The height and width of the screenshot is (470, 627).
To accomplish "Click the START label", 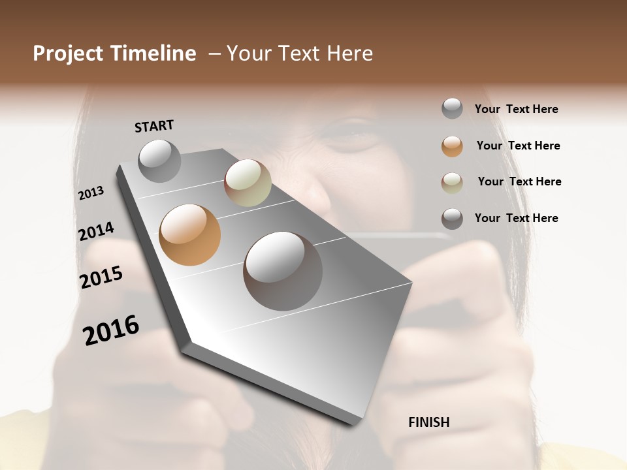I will tap(154, 126).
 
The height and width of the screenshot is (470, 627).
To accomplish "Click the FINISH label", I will tap(429, 422).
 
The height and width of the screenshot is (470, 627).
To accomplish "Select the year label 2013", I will tap(91, 193).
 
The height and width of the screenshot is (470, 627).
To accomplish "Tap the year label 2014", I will tap(97, 231).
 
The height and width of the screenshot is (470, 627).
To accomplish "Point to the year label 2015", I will tap(101, 277).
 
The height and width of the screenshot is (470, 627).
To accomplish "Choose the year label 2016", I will tap(111, 330).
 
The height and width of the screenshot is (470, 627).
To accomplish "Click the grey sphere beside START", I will tap(160, 161).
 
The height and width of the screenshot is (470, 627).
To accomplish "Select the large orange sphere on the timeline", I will tap(190, 235).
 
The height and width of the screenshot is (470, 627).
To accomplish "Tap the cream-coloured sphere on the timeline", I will tap(248, 183).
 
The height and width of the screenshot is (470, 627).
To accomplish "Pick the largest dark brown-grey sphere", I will tap(283, 270).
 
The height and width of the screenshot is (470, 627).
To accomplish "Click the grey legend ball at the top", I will tap(452, 108).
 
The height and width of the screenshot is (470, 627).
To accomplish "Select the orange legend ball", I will tap(452, 146).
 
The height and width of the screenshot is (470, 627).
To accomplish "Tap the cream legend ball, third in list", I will tap(452, 183).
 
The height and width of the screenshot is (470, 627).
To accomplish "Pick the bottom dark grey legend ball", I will tap(452, 219).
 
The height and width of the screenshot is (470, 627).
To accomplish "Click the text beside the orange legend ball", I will tap(518, 146).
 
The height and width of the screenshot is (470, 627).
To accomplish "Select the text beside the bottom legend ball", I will tap(516, 218).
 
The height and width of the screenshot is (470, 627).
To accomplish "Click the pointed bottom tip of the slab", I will tap(356, 422).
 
